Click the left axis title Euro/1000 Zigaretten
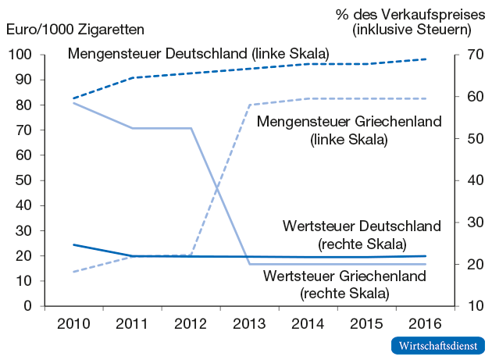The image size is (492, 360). (76, 30)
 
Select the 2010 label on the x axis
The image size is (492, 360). (73, 324)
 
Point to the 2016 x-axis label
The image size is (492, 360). (426, 324)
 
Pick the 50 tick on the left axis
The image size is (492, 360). (24, 180)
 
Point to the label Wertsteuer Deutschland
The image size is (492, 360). (362, 226)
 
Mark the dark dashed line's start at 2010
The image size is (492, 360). (73, 98)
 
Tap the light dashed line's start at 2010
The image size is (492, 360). (73, 272)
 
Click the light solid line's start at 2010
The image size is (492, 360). (73, 103)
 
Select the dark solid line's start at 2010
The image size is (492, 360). (73, 244)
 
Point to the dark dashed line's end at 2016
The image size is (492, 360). (426, 59)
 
